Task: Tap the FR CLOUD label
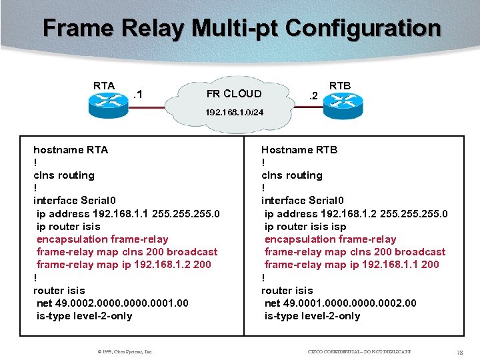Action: coord(234,93)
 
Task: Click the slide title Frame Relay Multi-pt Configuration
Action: coord(241,29)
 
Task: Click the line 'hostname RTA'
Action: coord(71,150)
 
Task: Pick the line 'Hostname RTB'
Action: coord(299,150)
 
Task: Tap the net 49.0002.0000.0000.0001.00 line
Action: coord(112,303)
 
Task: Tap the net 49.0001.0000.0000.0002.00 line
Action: coord(340,303)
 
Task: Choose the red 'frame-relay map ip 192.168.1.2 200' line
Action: coord(123,265)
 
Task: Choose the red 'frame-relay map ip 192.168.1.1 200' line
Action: coord(351,265)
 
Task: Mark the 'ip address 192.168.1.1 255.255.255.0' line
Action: coord(128,214)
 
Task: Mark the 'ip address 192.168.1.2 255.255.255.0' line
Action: coord(356,214)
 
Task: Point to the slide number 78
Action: coord(459,351)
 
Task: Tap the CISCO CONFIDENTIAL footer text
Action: coord(359,351)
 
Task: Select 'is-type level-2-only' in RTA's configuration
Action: coord(84,316)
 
